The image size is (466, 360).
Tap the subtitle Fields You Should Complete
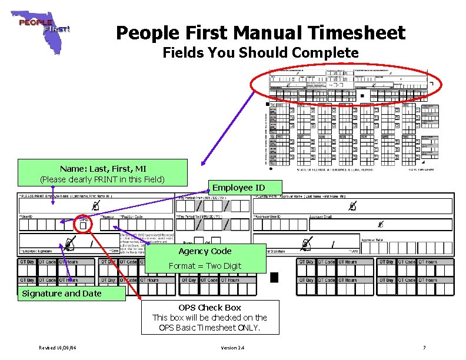point(260,53)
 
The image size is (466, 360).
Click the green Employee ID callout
point(238,188)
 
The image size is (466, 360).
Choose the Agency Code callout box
point(205,258)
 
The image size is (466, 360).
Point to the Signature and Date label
point(62,294)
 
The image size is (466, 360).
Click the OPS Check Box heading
point(209,308)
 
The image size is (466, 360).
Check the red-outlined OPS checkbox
point(83,226)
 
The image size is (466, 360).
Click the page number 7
point(424,348)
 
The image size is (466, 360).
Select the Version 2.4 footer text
point(232,348)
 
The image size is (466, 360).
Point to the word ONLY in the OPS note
point(250,327)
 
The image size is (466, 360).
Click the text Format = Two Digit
point(205,266)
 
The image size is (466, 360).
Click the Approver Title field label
point(371,240)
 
